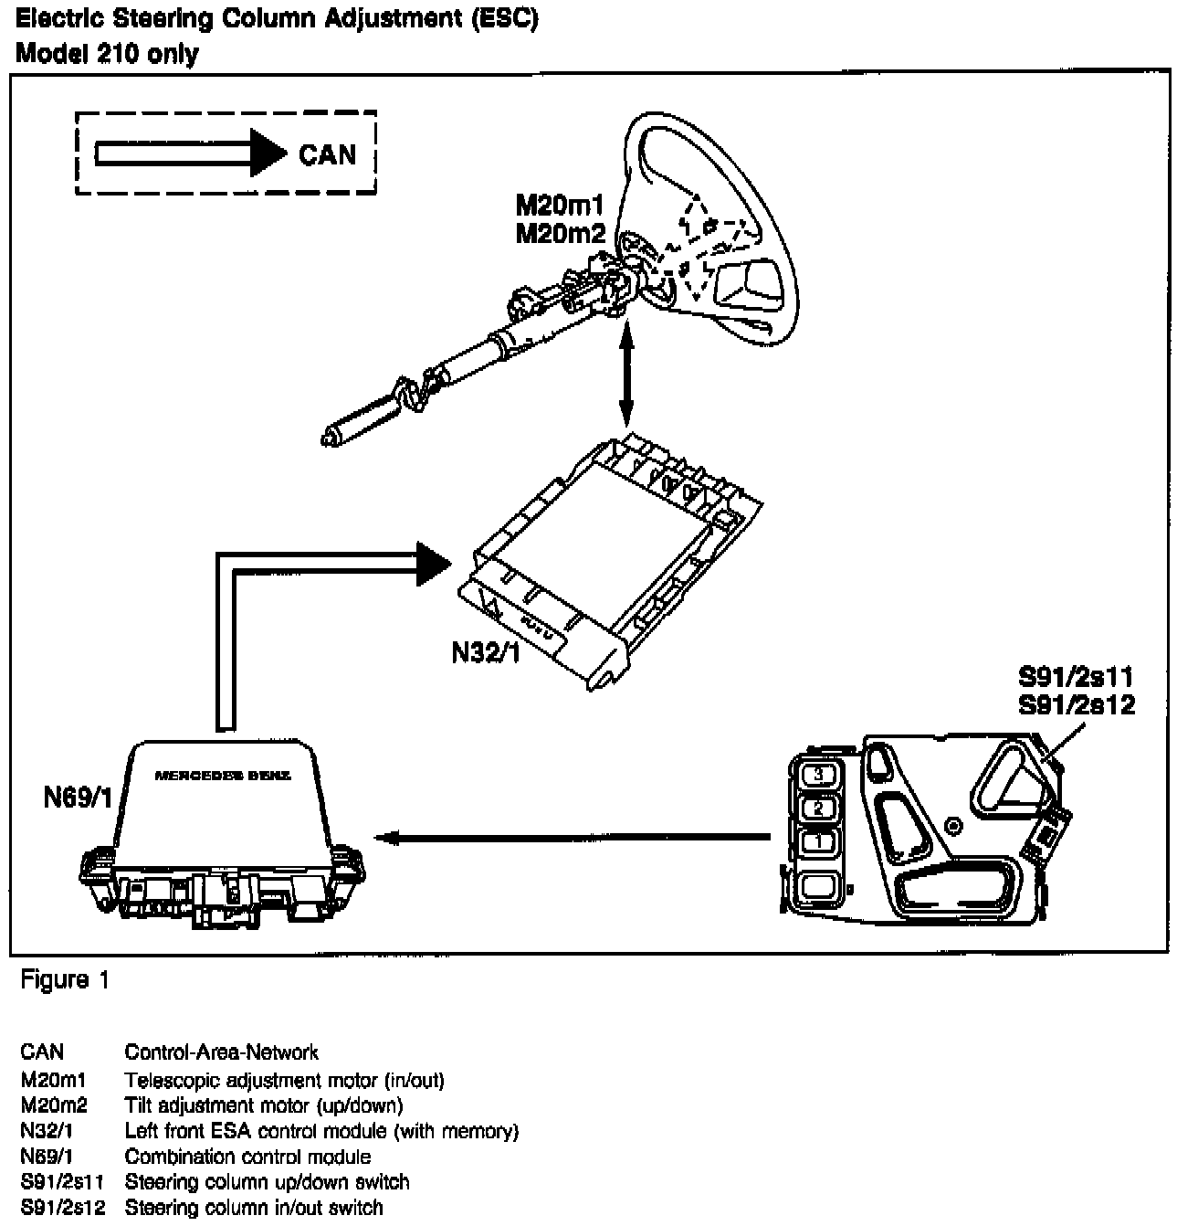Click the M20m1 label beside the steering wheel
click(x=560, y=208)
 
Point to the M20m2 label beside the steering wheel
click(x=560, y=234)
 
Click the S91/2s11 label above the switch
click(x=1076, y=678)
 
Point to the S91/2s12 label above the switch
click(x=1076, y=704)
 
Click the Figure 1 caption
click(x=65, y=981)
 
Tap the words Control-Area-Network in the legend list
click(x=221, y=1052)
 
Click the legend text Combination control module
click(x=247, y=1157)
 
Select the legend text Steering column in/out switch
click(x=254, y=1208)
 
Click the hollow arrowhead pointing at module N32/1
click(x=434, y=564)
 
